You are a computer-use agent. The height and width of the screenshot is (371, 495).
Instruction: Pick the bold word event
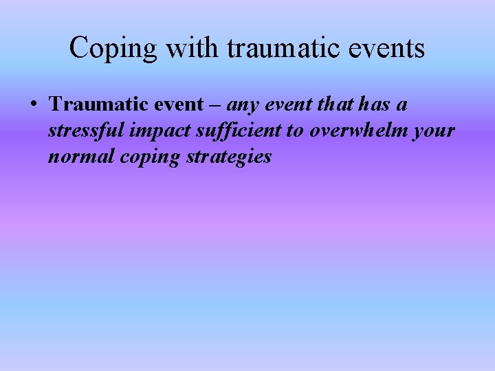point(177,104)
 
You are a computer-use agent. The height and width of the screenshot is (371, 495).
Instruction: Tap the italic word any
point(241,105)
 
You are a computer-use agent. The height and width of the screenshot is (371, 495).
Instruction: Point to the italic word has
point(370,104)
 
